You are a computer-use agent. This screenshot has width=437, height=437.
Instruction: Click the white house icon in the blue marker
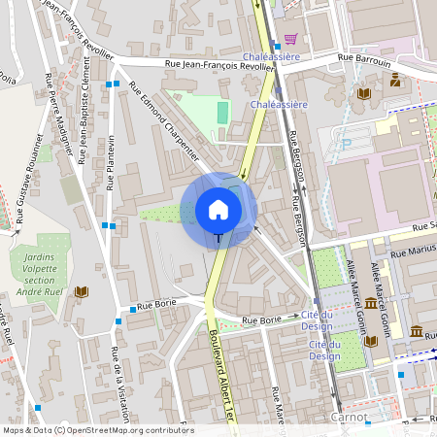point(218,208)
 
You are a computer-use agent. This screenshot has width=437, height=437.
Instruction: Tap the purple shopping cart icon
point(289,40)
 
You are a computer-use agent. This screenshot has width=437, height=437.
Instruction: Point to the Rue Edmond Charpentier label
point(163,126)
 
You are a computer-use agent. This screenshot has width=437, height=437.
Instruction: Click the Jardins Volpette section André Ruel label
point(41,274)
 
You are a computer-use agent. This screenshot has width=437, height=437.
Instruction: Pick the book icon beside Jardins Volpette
point(82,291)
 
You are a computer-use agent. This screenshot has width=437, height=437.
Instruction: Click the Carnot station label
point(349,417)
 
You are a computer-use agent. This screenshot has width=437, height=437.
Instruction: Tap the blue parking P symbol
point(345,145)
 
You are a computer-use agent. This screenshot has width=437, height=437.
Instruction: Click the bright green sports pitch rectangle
point(223,113)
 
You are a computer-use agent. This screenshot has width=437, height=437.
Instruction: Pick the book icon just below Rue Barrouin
point(363,93)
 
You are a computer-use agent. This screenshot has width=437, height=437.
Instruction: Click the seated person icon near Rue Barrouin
point(395,79)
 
